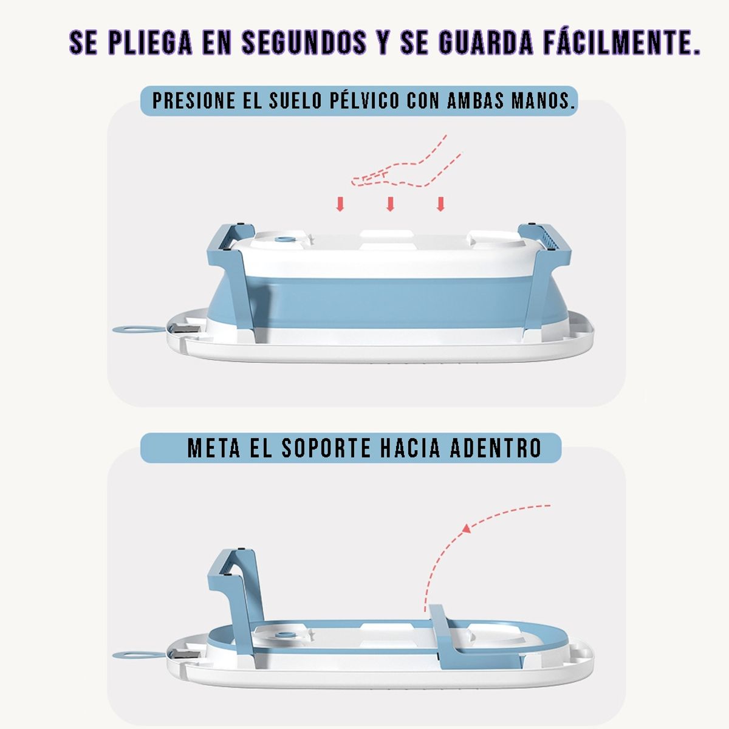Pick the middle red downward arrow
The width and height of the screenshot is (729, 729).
pos(391,204)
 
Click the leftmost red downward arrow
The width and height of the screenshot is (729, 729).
pos(341,204)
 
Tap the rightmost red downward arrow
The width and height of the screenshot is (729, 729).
pos(440,204)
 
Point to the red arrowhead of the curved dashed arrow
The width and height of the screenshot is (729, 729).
pos(467,529)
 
